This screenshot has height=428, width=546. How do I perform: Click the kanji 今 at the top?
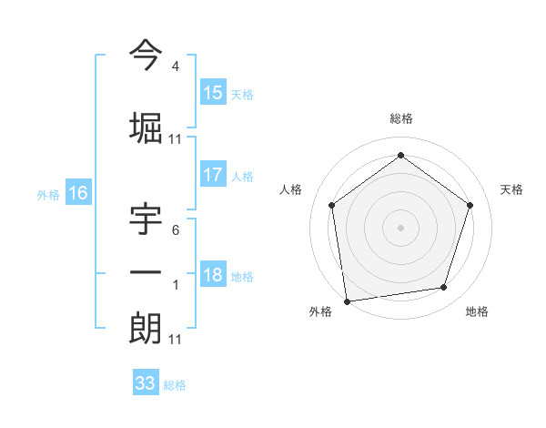point(146,56)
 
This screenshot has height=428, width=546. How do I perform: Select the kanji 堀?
point(146,127)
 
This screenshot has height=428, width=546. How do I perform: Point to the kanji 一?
point(146,272)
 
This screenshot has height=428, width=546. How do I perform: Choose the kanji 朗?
point(146,327)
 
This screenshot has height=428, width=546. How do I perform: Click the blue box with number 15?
point(213,92)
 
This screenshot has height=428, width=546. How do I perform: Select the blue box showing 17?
point(213,175)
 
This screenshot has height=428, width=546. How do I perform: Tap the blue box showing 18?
point(213,275)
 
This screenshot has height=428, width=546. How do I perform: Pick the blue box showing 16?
point(77,192)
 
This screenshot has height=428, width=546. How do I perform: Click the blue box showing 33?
point(145,383)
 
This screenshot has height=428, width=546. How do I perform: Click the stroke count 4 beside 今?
point(175,66)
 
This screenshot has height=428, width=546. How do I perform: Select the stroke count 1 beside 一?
point(175,285)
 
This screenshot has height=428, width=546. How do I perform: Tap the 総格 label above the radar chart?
point(400,118)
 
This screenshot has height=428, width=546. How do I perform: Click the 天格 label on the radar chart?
point(511,189)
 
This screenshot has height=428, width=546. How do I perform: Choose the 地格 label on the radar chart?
point(477,311)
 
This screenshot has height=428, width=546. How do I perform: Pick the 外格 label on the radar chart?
point(320,311)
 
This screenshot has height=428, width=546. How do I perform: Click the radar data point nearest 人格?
point(331,205)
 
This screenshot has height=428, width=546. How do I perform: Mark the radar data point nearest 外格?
point(347,301)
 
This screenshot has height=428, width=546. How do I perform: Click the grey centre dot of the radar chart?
point(400,227)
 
